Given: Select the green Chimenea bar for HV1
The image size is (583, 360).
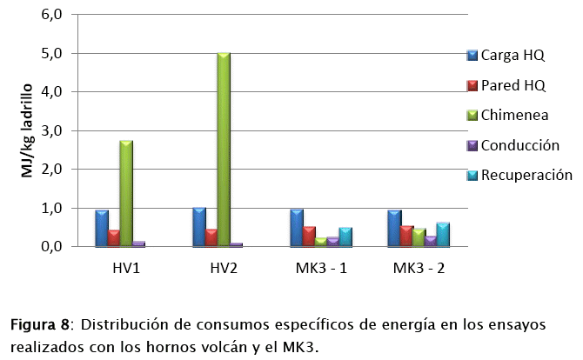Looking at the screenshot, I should pos(126,193).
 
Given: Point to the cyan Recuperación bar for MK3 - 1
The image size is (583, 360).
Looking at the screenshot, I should pos(345,237).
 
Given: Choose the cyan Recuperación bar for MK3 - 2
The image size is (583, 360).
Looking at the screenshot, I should pos(443,235).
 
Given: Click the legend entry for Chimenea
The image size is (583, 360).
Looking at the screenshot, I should pos(513,115).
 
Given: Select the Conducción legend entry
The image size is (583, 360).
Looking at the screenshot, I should pos(519,145).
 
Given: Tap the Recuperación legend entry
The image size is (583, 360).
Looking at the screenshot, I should pos(526,175).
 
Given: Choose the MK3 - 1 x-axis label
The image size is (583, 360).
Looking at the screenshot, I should pos(322,267).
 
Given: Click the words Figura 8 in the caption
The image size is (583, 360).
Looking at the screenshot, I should pos(40,326).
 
